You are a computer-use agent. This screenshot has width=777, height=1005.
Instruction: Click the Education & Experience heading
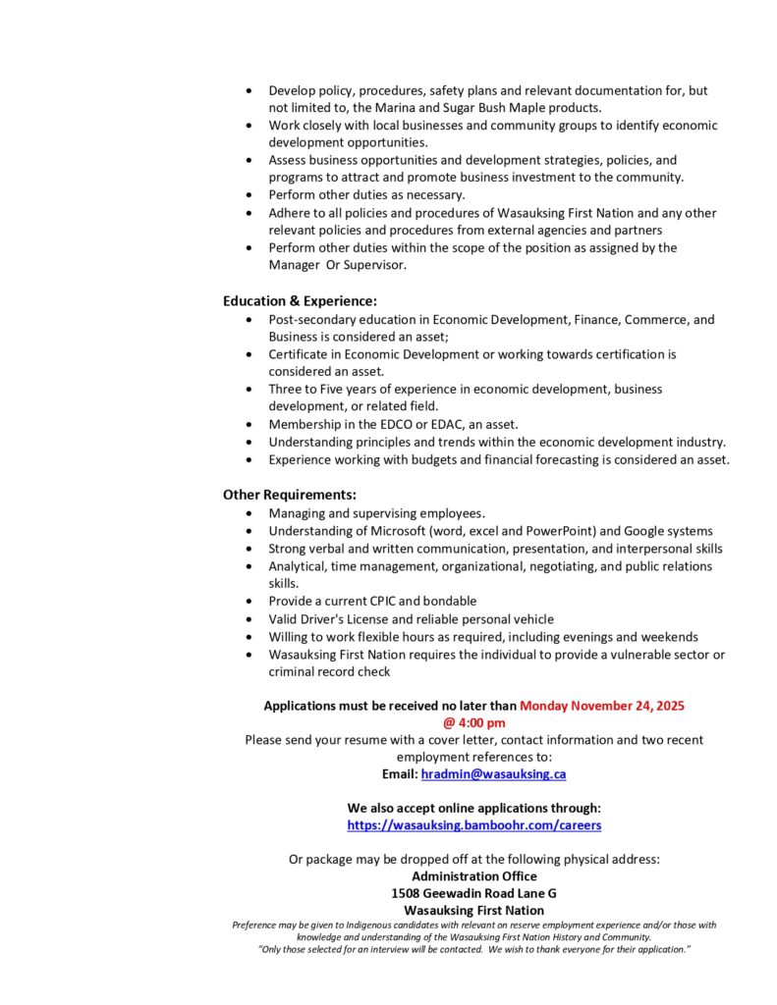click(x=300, y=301)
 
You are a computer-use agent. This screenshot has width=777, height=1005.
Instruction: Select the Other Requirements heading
click(x=289, y=495)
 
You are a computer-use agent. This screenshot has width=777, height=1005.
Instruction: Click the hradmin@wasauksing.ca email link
click(x=493, y=774)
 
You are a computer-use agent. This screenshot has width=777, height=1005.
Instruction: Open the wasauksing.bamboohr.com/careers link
click(x=474, y=825)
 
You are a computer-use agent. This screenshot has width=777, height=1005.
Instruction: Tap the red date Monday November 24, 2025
click(x=602, y=706)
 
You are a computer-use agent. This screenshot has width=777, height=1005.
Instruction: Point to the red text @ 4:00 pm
click(x=474, y=722)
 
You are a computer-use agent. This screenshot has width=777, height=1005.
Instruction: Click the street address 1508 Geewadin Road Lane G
click(x=473, y=893)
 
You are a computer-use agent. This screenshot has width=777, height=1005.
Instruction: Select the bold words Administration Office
click(x=473, y=875)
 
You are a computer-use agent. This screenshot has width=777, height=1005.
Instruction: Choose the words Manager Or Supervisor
click(x=337, y=265)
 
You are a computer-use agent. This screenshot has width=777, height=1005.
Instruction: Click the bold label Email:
click(x=399, y=774)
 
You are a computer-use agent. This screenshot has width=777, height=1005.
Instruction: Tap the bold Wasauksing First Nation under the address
click(x=473, y=911)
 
